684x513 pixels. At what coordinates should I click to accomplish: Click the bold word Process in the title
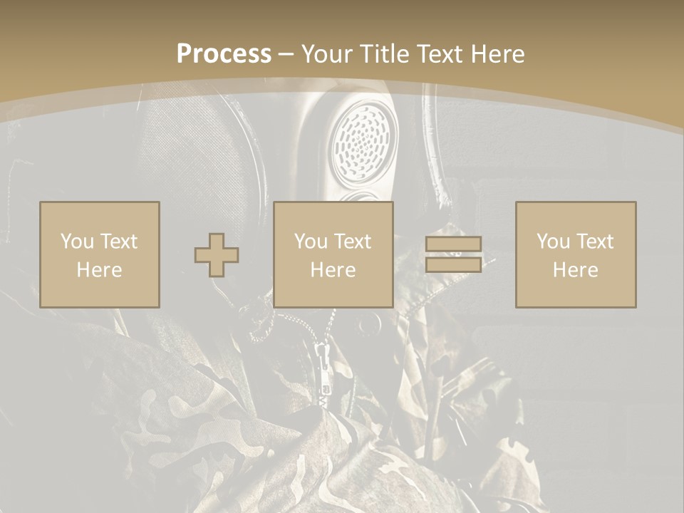click(224, 54)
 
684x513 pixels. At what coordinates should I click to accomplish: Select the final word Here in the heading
click(497, 54)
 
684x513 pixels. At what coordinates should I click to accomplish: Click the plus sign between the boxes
click(217, 255)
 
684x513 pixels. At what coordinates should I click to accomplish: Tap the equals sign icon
click(453, 254)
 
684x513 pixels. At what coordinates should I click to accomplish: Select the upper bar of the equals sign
click(453, 244)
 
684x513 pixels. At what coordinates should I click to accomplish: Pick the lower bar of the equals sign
click(453, 264)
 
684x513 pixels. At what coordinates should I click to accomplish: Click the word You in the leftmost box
click(77, 242)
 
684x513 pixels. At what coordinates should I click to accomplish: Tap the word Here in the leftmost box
click(100, 270)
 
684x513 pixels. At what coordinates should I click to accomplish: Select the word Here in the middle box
click(333, 270)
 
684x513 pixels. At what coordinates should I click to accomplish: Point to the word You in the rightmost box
click(553, 242)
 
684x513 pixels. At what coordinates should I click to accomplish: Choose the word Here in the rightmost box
click(576, 270)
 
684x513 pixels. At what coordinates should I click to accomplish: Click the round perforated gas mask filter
click(363, 142)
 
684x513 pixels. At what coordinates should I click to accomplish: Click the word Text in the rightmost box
click(596, 242)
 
